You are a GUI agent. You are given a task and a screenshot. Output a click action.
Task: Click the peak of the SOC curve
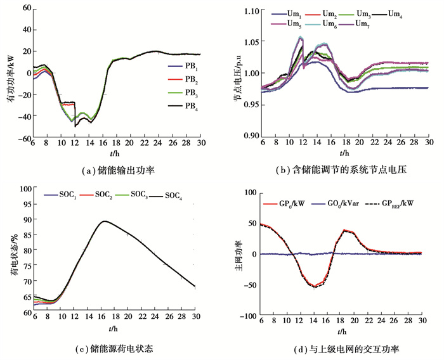[105, 221]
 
